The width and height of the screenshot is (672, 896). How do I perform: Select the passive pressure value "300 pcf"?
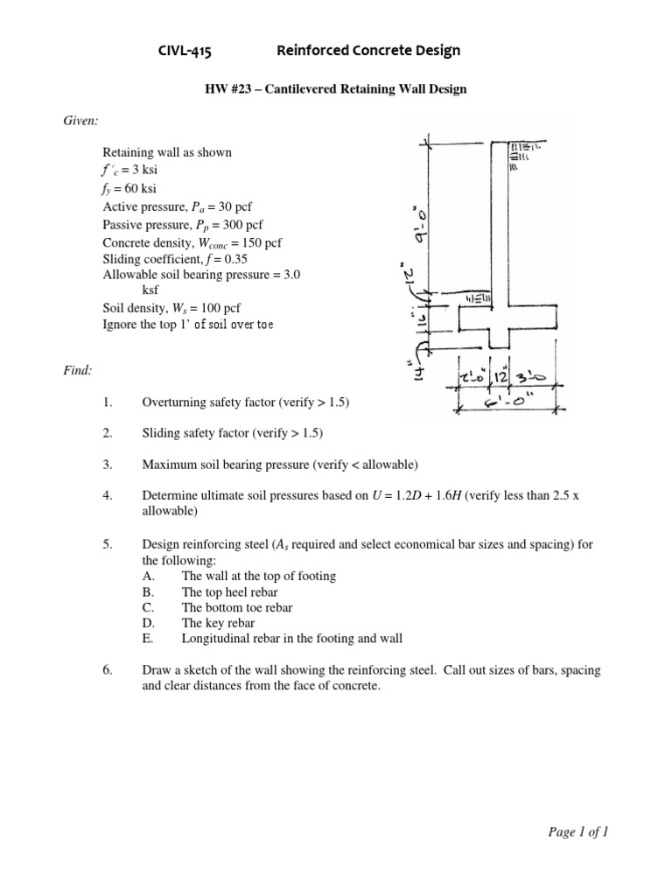coord(242,225)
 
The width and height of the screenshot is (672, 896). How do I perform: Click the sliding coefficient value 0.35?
coord(232,260)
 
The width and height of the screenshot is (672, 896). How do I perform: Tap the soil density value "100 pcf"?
coord(214,308)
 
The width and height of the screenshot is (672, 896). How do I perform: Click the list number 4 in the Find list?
coord(108,496)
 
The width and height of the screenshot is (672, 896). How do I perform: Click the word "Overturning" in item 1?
coord(173,402)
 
